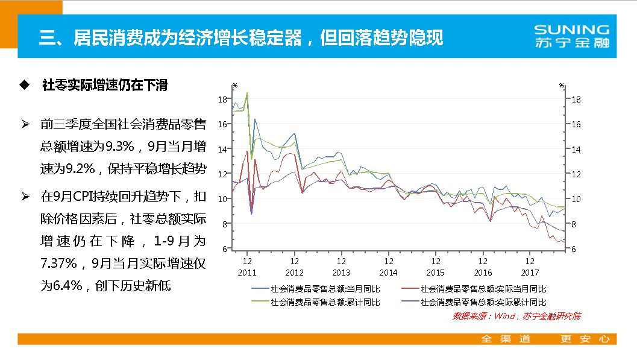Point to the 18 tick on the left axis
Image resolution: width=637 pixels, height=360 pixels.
pos(222,99)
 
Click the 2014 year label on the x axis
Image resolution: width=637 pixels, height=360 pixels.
pos(389,273)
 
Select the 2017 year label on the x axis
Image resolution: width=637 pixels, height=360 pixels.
pos(530,273)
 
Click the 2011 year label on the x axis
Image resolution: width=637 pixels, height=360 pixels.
pos(247,273)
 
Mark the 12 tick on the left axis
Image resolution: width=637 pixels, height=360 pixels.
pos(222,174)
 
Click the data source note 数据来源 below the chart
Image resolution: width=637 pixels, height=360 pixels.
pos(516,316)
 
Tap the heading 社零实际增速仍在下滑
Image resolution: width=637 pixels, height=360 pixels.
pos(105,85)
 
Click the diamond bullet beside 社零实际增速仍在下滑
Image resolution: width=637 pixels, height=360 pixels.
pos(25,85)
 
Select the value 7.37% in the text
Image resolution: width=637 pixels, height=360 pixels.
pos(59,264)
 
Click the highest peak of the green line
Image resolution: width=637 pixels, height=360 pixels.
pos(247,93)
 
